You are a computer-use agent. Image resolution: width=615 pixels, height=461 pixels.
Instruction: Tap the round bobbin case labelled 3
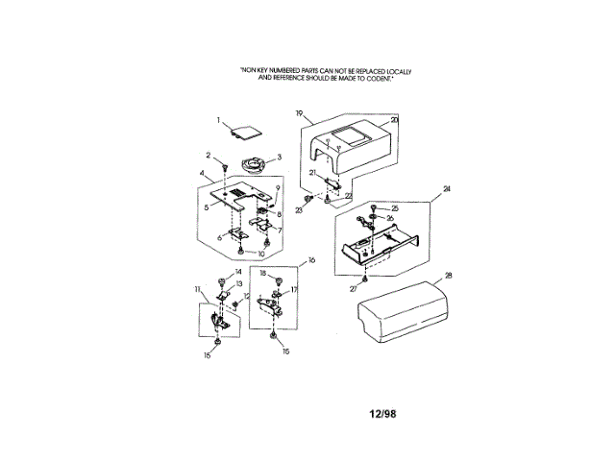coord(255,164)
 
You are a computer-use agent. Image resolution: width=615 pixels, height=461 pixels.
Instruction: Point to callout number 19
coord(299,114)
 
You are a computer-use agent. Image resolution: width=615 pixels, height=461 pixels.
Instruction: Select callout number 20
coord(393,120)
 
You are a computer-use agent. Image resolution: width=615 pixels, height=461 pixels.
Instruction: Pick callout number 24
coord(446,190)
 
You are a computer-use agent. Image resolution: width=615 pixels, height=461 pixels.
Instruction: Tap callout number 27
coord(354,287)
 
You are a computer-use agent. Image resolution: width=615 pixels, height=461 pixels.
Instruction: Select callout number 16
coord(310,259)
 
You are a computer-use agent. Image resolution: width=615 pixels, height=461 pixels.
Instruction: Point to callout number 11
coord(197,288)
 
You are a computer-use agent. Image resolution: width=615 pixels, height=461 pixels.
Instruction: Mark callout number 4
coord(203,174)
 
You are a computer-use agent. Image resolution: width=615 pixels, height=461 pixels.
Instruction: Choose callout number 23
coord(299,209)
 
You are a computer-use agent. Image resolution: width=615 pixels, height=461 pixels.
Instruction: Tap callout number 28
coord(448,275)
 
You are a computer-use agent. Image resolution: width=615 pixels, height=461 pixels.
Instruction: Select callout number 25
coord(394,207)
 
